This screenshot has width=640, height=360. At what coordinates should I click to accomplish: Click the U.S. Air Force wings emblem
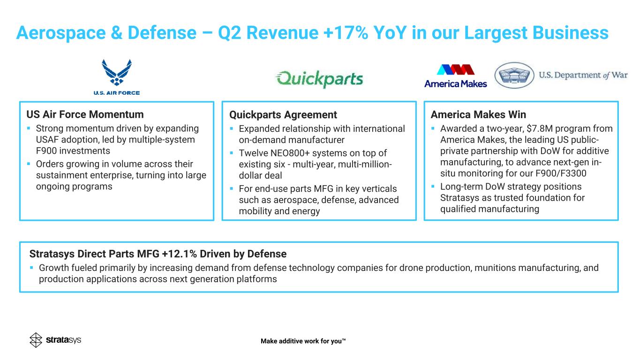[x=117, y=72]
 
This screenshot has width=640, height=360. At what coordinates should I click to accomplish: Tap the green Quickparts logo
[x=319, y=79]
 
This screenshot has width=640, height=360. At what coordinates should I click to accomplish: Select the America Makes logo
[x=455, y=76]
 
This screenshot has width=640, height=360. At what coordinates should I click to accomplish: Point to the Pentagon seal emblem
[x=514, y=75]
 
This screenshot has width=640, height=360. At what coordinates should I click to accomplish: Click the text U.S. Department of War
[x=583, y=75]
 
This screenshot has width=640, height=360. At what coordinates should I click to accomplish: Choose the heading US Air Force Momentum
[x=85, y=114]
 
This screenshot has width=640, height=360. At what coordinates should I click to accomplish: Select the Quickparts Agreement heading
[x=283, y=114]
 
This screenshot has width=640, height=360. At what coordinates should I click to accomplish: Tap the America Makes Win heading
[x=478, y=114]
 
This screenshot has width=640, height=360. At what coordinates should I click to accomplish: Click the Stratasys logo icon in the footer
[x=36, y=340]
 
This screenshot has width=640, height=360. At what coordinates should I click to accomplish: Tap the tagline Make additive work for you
[x=303, y=341]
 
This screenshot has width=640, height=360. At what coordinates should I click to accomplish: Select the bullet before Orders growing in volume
[x=29, y=164]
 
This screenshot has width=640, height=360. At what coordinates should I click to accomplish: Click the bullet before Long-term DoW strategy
[x=433, y=187]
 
